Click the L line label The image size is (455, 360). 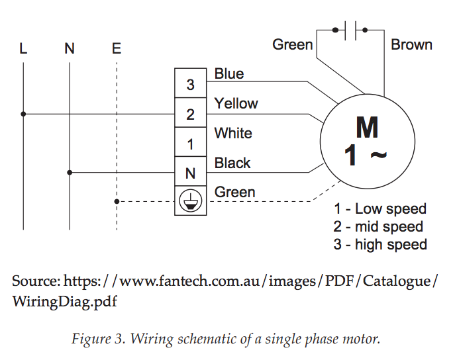pyautogui.click(x=23, y=48)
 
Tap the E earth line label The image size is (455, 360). pyautogui.click(x=117, y=48)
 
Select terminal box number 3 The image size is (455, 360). pyautogui.click(x=190, y=83)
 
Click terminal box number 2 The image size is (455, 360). pyautogui.click(x=190, y=112)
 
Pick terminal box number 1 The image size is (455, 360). pyautogui.click(x=190, y=142)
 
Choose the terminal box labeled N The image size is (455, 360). pyautogui.click(x=190, y=171)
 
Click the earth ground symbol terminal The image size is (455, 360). pyautogui.click(x=190, y=201)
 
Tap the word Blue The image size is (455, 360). pyautogui.click(x=229, y=73)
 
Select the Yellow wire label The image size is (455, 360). pyautogui.click(x=236, y=103)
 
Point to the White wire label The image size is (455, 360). pyautogui.click(x=233, y=133)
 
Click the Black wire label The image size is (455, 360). pyautogui.click(x=232, y=163)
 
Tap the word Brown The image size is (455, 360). pyautogui.click(x=411, y=44)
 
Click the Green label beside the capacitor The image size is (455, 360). pyautogui.click(x=293, y=44)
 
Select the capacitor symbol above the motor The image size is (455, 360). pyautogui.click(x=350, y=30)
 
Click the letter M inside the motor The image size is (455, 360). pyautogui.click(x=367, y=128)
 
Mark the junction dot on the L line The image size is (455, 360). pyautogui.click(x=23, y=114)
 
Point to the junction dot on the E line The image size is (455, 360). pyautogui.click(x=117, y=201)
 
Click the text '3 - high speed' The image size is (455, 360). pyautogui.click(x=380, y=245)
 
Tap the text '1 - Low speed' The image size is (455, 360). pyautogui.click(x=380, y=209)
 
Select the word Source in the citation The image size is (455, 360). pyautogui.click(x=36, y=281)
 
